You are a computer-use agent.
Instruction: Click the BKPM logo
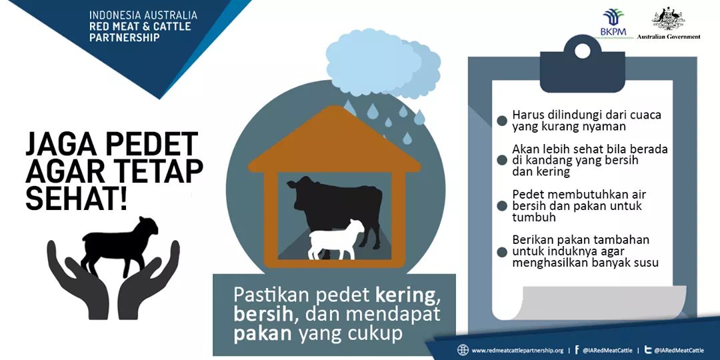[x=613, y=23]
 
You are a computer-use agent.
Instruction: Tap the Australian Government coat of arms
[x=669, y=19]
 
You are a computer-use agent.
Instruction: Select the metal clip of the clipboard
[x=582, y=63]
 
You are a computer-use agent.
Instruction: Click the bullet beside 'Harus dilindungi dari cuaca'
[x=502, y=121]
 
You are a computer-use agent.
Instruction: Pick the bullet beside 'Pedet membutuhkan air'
[x=502, y=206]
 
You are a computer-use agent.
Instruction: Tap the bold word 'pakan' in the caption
[x=263, y=334]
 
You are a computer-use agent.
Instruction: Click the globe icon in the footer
[x=463, y=350]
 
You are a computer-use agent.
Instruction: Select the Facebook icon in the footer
[x=577, y=350]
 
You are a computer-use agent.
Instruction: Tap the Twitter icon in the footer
[x=649, y=350]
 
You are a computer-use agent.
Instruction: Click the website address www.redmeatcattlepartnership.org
[x=517, y=351]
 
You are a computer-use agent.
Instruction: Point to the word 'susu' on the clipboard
[x=645, y=263]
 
